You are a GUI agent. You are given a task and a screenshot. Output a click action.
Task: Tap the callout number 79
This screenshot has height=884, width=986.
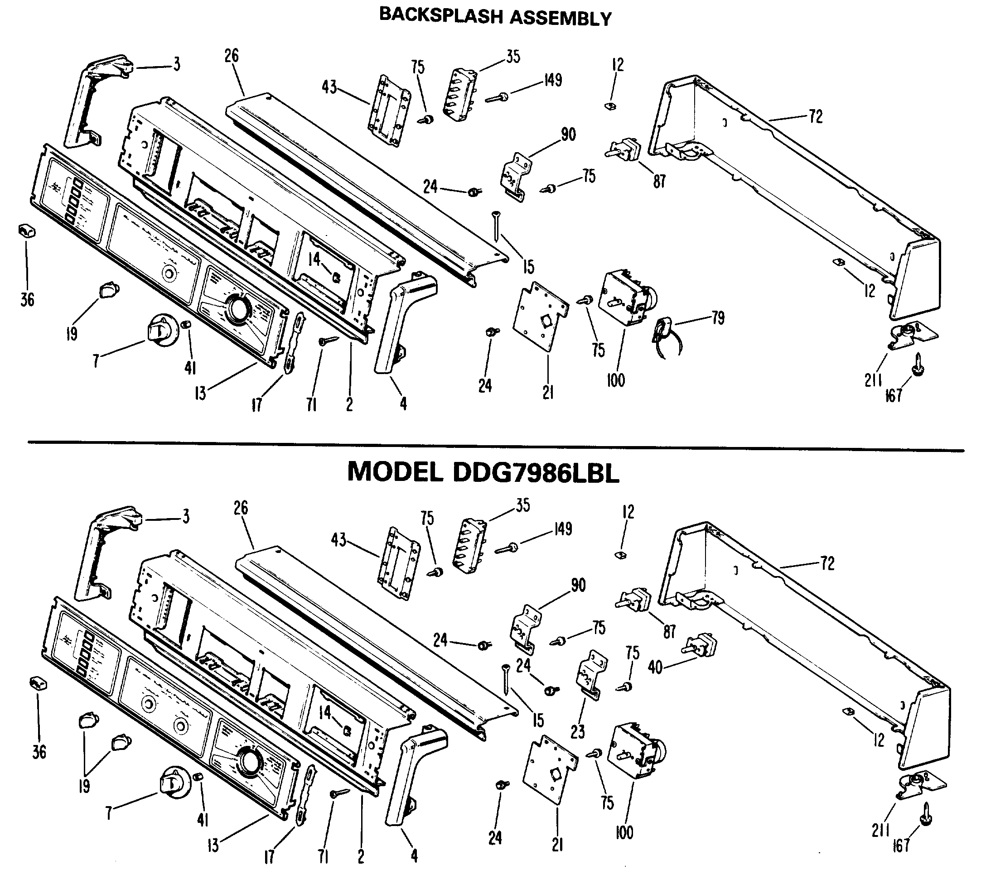tap(718, 319)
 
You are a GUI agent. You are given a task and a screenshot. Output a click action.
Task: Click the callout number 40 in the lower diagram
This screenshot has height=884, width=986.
tap(655, 668)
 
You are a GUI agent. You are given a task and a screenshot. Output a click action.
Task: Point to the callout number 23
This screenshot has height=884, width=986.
tap(577, 731)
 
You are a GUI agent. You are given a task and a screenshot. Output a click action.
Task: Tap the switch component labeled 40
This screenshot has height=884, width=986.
tap(701, 645)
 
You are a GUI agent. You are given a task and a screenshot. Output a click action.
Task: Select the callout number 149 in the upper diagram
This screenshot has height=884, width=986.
tap(552, 80)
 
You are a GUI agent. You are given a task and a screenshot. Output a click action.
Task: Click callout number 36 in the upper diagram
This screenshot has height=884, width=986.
tap(28, 300)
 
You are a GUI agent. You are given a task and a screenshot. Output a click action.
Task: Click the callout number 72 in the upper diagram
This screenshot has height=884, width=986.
tap(816, 116)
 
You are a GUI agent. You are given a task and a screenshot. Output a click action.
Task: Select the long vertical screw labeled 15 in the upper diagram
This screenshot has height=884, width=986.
tap(496, 226)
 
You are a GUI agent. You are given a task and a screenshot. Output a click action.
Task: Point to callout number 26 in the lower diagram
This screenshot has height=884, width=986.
tap(241, 508)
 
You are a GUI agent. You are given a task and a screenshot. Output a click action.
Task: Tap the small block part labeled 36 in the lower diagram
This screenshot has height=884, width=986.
tap(39, 683)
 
